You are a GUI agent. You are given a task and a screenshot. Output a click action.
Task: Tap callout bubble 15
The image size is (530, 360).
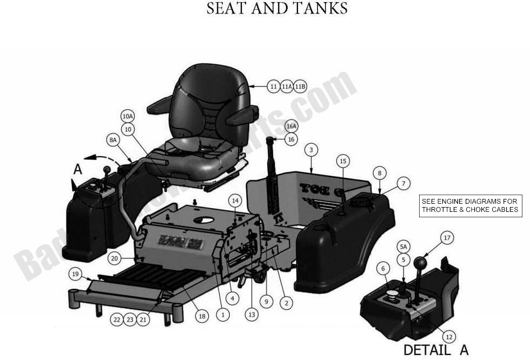click(343, 161)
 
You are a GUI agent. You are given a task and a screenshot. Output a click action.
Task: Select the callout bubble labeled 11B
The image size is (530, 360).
click(300, 86)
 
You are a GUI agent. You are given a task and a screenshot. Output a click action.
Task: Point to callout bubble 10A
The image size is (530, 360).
click(128, 116)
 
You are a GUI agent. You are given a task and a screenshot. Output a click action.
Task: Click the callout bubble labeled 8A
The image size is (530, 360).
click(113, 139)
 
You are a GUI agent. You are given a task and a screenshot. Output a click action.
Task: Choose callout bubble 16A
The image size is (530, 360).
click(291, 126)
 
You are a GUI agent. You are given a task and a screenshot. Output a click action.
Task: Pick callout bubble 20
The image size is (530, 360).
click(114, 259)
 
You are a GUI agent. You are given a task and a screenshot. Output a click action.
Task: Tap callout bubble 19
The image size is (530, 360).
click(76, 274)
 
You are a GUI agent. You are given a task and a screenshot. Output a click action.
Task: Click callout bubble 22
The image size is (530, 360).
click(117, 319)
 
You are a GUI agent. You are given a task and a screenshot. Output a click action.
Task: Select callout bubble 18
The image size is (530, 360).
click(201, 316)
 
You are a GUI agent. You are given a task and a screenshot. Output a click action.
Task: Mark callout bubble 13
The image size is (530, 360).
click(251, 313)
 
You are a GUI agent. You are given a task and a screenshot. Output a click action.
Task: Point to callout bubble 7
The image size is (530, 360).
click(403, 184)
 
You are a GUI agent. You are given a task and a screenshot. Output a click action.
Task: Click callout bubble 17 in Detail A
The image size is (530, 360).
click(447, 237)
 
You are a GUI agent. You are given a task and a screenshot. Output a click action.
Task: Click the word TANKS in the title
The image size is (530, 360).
click(319, 9)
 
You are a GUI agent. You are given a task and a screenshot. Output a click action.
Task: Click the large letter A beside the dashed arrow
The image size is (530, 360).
click(77, 169)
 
